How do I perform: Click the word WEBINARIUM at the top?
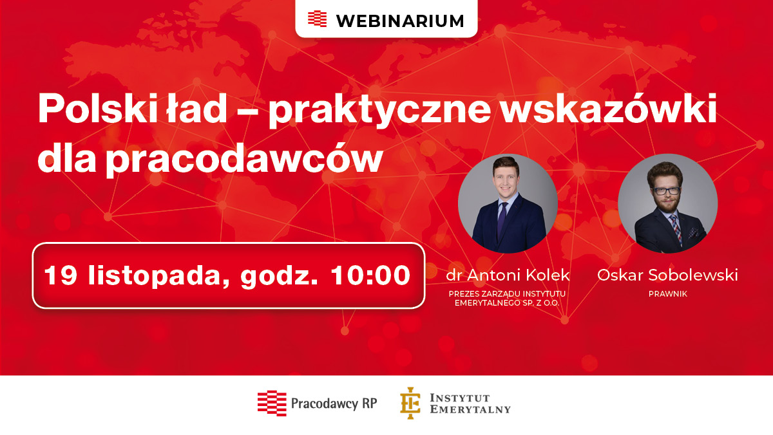(400, 21)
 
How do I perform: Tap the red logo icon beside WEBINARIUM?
(317, 19)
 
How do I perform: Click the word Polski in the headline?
(98, 108)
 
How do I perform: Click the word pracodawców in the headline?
(245, 160)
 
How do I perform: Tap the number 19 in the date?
(61, 275)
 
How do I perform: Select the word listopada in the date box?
(158, 275)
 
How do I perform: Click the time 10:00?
(370, 275)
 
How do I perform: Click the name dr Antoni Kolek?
(508, 275)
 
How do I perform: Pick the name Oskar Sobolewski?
(667, 275)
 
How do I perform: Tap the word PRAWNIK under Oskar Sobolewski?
(668, 294)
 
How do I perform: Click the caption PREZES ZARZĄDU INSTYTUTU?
(507, 294)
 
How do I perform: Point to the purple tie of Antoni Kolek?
(502, 221)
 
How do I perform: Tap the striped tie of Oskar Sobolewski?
(676, 229)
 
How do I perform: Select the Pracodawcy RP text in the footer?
(334, 403)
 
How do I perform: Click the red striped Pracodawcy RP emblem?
(272, 403)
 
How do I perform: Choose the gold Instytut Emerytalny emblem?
(410, 403)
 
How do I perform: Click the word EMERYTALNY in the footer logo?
(470, 409)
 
